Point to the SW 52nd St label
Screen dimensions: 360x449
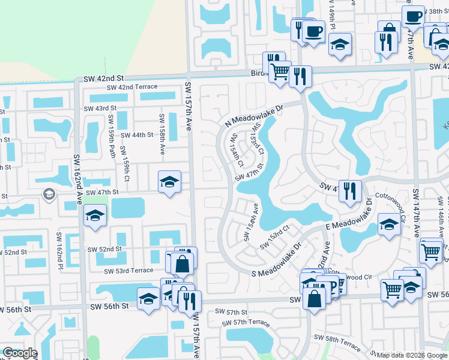click(104, 249)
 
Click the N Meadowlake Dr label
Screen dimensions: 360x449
click(262, 113)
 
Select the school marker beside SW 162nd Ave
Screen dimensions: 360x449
click(95, 217)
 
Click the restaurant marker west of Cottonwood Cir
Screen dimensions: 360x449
click(350, 191)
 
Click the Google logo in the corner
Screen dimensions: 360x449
click(20, 353)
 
